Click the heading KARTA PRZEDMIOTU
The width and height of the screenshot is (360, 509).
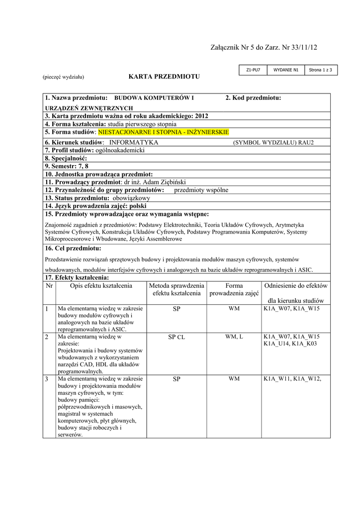(164, 77)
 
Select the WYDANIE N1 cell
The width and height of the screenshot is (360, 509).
(286, 70)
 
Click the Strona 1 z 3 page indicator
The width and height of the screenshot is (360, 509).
(320, 70)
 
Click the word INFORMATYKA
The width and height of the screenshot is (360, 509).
(134, 142)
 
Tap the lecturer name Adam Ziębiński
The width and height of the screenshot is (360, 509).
(163, 182)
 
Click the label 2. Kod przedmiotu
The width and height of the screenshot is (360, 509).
(253, 97)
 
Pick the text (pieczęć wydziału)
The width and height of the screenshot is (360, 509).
(63, 77)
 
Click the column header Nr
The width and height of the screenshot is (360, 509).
(49, 286)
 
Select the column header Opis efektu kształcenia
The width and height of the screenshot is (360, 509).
(101, 286)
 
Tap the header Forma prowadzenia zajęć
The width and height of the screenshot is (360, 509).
(234, 290)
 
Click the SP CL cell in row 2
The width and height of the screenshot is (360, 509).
(177, 337)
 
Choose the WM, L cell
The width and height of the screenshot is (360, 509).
(234, 337)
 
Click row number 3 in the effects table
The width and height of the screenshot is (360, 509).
(47, 379)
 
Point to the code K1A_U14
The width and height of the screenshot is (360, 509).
(276, 343)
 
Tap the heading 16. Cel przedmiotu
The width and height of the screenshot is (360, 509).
(73, 248)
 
